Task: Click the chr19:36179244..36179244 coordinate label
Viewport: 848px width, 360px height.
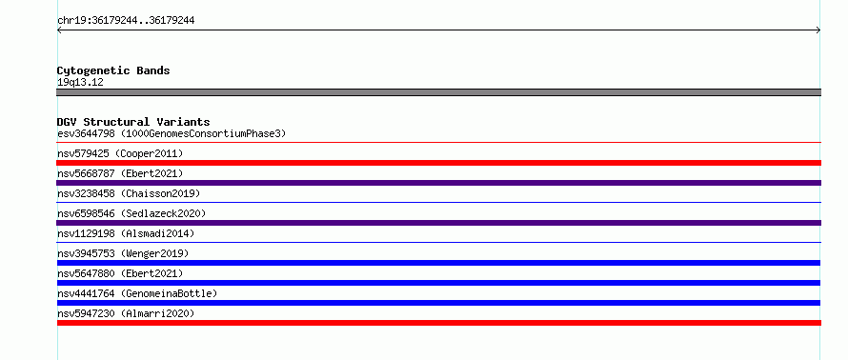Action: pos(126,21)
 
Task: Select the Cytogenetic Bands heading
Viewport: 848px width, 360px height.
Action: pos(113,70)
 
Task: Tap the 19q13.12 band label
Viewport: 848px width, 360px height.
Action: pos(80,83)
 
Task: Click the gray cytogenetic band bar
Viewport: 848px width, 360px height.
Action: pos(438,92)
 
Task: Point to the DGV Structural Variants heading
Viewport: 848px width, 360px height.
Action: pos(133,122)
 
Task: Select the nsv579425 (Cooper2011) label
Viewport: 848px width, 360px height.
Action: pos(120,153)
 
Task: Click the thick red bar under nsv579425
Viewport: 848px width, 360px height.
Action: pos(438,163)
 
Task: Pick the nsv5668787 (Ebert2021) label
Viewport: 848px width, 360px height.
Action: pos(120,173)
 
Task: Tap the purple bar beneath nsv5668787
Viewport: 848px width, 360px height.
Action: pos(438,183)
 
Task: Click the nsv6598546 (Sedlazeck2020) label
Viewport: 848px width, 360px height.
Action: pos(131,213)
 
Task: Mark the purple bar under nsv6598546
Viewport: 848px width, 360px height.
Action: pos(438,223)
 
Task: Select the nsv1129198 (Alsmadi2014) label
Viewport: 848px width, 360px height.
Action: pos(126,233)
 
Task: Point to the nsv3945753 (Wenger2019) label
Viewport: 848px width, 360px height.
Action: pos(123,253)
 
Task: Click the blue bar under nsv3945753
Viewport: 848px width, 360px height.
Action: pos(438,263)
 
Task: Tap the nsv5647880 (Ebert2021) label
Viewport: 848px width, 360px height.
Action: pos(120,273)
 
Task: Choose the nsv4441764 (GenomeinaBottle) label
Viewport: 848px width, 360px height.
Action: pos(137,293)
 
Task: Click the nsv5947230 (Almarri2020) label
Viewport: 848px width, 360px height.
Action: pos(126,313)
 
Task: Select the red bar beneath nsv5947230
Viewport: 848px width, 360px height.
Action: pos(438,323)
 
